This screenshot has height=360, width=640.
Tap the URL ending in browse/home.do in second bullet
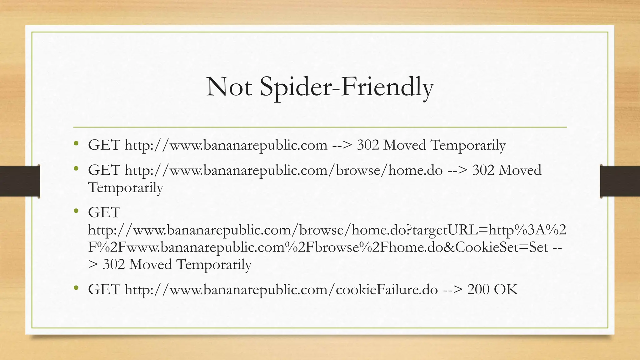(x=283, y=170)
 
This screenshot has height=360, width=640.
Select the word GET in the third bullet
(x=104, y=213)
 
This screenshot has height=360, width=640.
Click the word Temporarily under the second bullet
(x=125, y=188)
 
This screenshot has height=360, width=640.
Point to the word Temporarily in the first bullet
(x=468, y=145)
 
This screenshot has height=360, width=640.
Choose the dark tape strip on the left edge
(x=20, y=181)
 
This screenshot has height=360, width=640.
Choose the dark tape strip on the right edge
(x=620, y=181)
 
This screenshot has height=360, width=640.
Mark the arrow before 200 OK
(x=452, y=289)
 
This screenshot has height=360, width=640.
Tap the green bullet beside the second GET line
(x=76, y=169)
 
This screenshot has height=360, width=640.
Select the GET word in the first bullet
(x=104, y=145)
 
